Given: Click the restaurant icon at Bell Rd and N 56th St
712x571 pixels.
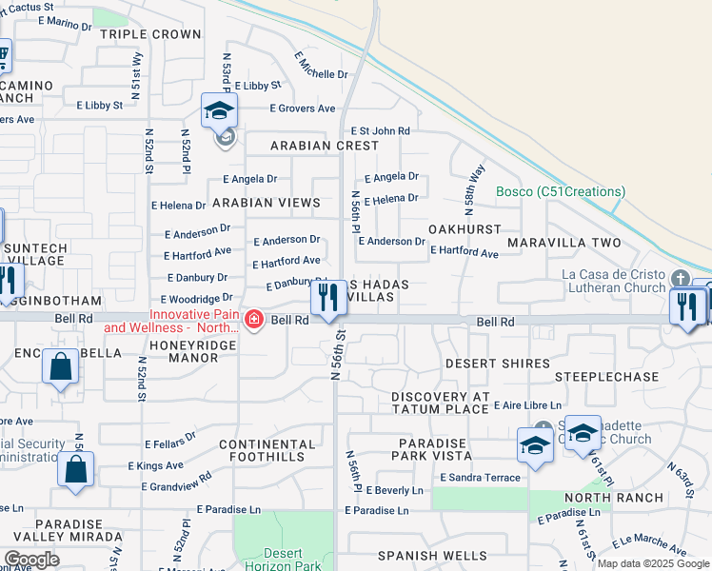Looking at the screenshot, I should click(328, 299).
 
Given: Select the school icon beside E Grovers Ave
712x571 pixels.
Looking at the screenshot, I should click(219, 113).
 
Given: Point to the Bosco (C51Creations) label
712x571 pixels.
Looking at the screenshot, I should click(561, 191).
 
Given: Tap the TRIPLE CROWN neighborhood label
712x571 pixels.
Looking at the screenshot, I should click(150, 34).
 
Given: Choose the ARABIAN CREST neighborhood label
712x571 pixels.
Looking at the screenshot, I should click(324, 146).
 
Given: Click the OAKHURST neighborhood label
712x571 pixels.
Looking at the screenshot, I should click(465, 229).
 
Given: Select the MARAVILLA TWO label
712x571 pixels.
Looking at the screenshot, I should click(564, 244).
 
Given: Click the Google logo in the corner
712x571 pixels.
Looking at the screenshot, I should click(32, 559).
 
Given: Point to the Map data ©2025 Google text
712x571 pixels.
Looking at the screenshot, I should click(652, 563).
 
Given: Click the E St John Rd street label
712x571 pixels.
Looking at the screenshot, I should click(380, 130).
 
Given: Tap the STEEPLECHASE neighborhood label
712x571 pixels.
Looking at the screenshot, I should click(606, 377).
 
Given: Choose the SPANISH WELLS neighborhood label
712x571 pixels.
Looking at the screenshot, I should click(432, 556).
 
